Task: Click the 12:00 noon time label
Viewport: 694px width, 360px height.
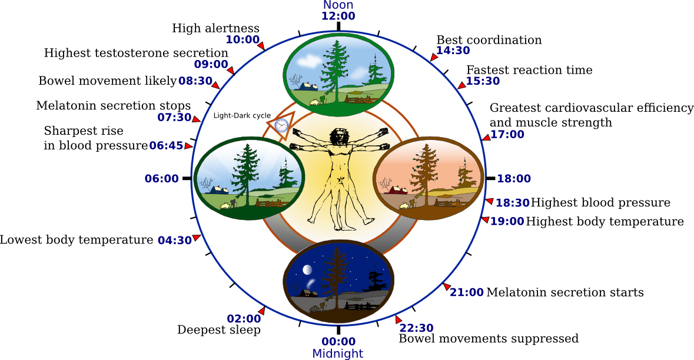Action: [338, 16]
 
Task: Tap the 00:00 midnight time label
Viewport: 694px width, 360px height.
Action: [338, 341]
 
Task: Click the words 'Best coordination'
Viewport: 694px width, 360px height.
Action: [489, 40]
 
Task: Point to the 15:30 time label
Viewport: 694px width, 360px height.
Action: [483, 81]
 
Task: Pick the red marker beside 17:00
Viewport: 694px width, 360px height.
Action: [486, 138]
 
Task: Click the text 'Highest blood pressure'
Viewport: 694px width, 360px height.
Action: [600, 203]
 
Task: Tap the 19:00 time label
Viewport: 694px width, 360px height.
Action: [507, 222]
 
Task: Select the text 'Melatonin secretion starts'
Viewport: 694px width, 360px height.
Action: [565, 292]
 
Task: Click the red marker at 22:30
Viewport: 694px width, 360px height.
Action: [399, 319]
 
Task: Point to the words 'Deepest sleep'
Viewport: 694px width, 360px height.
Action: [218, 330]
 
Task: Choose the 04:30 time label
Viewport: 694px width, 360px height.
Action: [175, 240]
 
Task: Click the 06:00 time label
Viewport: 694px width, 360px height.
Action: [161, 178]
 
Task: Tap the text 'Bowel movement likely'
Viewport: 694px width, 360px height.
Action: [107, 81]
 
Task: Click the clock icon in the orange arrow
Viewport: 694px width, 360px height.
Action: [281, 125]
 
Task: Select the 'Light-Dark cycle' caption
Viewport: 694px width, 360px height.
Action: [242, 116]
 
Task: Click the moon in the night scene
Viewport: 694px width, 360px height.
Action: [307, 270]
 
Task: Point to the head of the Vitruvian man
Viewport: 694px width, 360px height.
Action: [338, 136]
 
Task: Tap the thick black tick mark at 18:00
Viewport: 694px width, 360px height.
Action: [490, 178]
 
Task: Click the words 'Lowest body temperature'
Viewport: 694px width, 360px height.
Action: [76, 240]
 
